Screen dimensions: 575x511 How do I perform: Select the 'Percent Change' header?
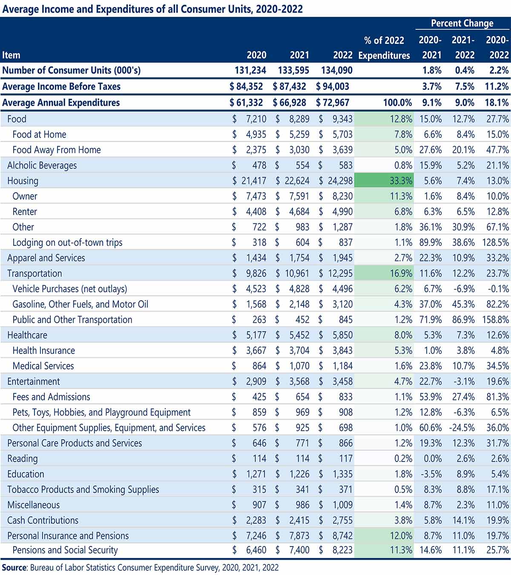click(x=462, y=23)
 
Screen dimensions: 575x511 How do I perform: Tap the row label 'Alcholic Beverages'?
click(x=42, y=165)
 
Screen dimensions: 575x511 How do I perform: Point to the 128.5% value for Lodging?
click(x=496, y=242)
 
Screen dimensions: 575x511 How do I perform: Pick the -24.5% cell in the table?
click(x=462, y=428)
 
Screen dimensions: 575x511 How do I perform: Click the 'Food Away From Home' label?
click(x=57, y=150)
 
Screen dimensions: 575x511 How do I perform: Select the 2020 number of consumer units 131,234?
click(x=250, y=71)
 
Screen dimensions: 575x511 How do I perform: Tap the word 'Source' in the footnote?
click(x=14, y=567)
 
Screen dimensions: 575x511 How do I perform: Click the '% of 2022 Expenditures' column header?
click(x=384, y=48)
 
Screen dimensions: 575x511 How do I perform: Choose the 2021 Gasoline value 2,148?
click(x=299, y=304)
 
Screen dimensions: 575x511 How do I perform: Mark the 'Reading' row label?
click(x=23, y=459)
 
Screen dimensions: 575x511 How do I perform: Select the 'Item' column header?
click(x=11, y=55)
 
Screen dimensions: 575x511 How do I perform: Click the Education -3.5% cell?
click(x=431, y=474)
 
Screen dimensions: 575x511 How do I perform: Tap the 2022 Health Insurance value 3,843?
click(x=342, y=350)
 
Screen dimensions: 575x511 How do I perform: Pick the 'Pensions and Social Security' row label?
click(x=65, y=550)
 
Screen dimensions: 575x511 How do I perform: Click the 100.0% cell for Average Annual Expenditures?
click(x=397, y=103)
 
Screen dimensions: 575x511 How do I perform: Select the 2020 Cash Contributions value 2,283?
click(x=256, y=521)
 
